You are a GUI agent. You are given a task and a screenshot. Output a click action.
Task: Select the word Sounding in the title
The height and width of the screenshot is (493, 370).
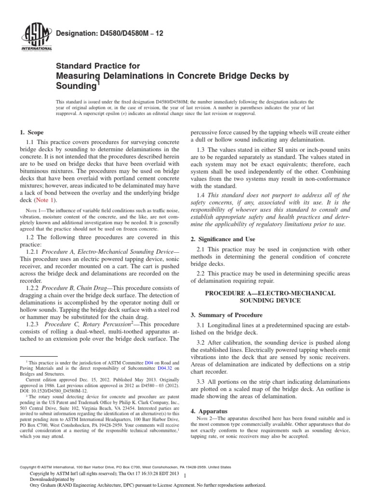tap(76, 85)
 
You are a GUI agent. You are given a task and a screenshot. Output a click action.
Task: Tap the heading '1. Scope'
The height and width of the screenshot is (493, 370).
tap(31, 132)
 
